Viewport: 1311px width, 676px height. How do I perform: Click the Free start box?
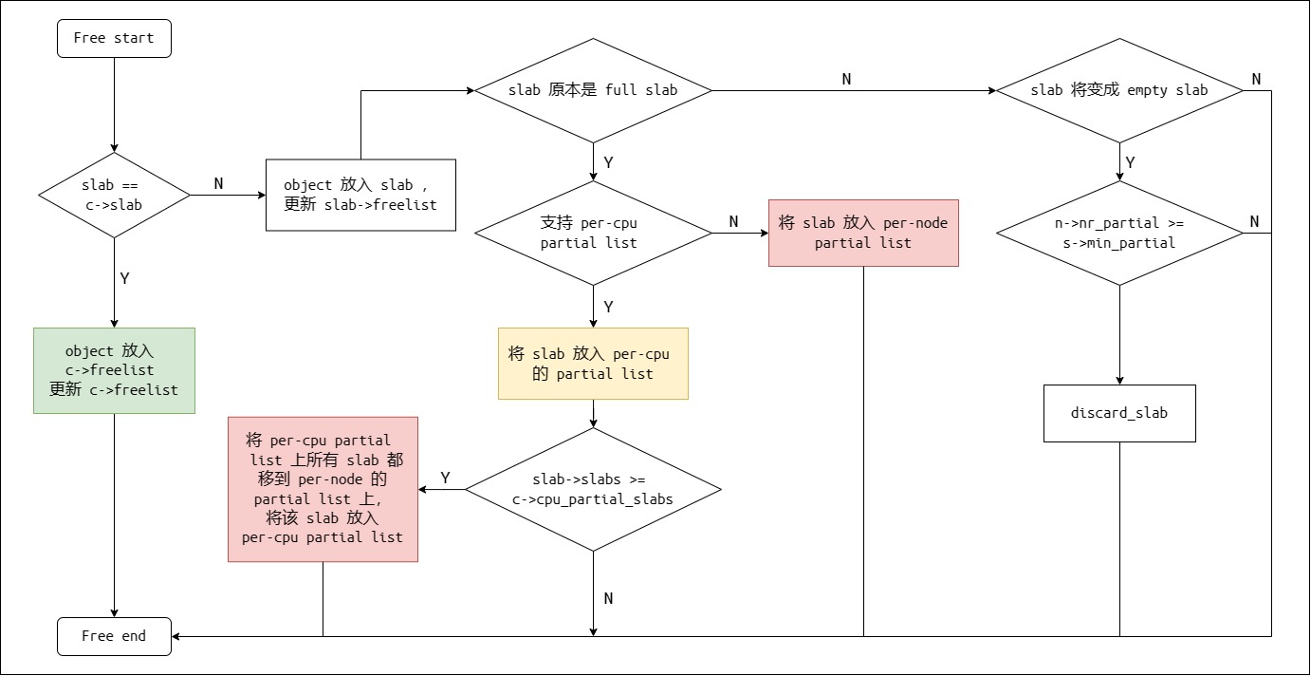114,39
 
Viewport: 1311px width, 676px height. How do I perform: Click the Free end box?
114,636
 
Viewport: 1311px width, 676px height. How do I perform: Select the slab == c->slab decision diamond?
114,195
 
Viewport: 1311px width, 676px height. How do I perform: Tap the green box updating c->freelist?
114,370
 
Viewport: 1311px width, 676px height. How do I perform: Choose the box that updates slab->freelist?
360,195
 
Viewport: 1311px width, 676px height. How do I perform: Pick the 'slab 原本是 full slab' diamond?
593,90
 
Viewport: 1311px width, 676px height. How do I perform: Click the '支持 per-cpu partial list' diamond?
593,233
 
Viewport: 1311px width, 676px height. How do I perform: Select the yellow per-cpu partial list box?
593,364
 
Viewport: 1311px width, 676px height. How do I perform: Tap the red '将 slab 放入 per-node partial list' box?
863,233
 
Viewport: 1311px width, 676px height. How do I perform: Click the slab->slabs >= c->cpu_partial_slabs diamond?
593,490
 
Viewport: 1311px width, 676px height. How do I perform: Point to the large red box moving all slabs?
323,489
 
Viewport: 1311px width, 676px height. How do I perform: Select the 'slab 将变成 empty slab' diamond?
1119,90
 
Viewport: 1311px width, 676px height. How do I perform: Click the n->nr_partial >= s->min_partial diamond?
1119,233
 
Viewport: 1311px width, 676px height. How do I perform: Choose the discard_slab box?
1119,413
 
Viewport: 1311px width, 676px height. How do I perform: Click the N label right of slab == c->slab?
218,184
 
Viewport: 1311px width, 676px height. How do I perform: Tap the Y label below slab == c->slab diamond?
124,279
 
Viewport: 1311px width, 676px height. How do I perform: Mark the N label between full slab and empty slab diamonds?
846,79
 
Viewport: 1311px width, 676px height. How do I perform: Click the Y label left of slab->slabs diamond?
445,478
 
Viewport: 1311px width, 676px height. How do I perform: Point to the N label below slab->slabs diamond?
608,598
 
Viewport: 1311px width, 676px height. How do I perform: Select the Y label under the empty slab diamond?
1130,162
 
